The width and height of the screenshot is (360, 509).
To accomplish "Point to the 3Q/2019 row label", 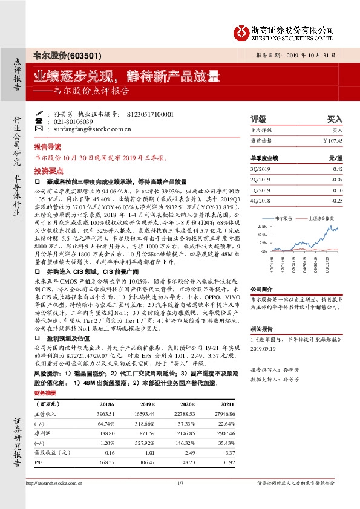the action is [x=259, y=169].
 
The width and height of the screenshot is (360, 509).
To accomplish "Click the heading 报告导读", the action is [x=47, y=147].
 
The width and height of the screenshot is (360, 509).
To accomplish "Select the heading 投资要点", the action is [x=47, y=171].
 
